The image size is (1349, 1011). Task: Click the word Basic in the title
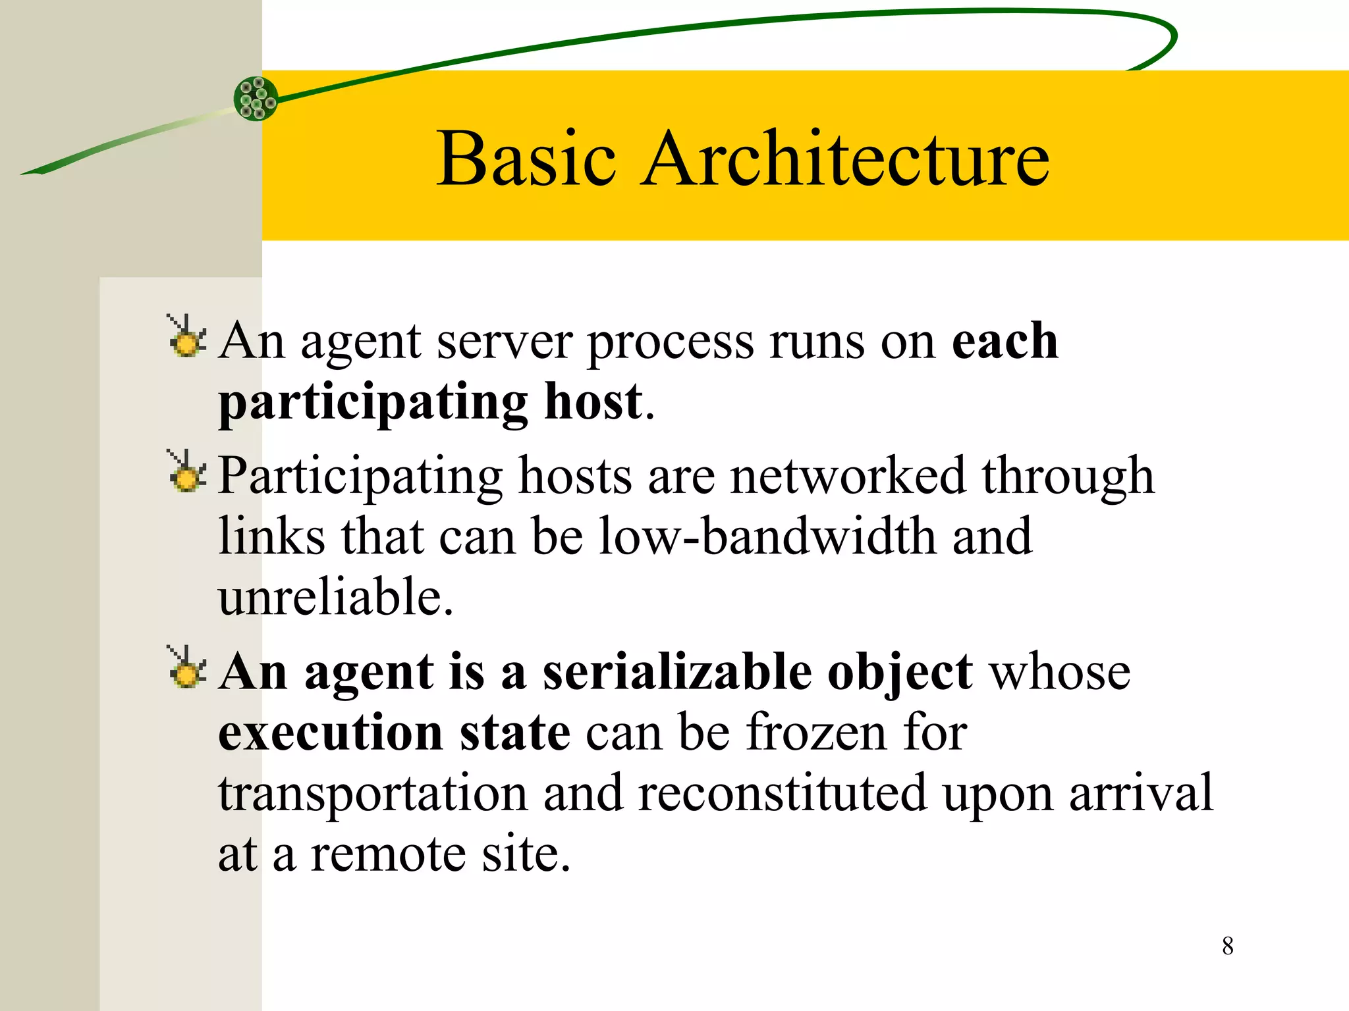pos(526,159)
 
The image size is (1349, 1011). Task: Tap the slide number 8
pos(1228,946)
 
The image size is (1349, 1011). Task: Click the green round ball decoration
pos(256,99)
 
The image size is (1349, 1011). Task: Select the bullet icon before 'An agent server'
pos(187,338)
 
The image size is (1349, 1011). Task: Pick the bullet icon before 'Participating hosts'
pos(187,472)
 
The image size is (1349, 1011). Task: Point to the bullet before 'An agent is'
pos(187,668)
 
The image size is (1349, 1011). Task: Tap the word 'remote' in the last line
pos(388,854)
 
